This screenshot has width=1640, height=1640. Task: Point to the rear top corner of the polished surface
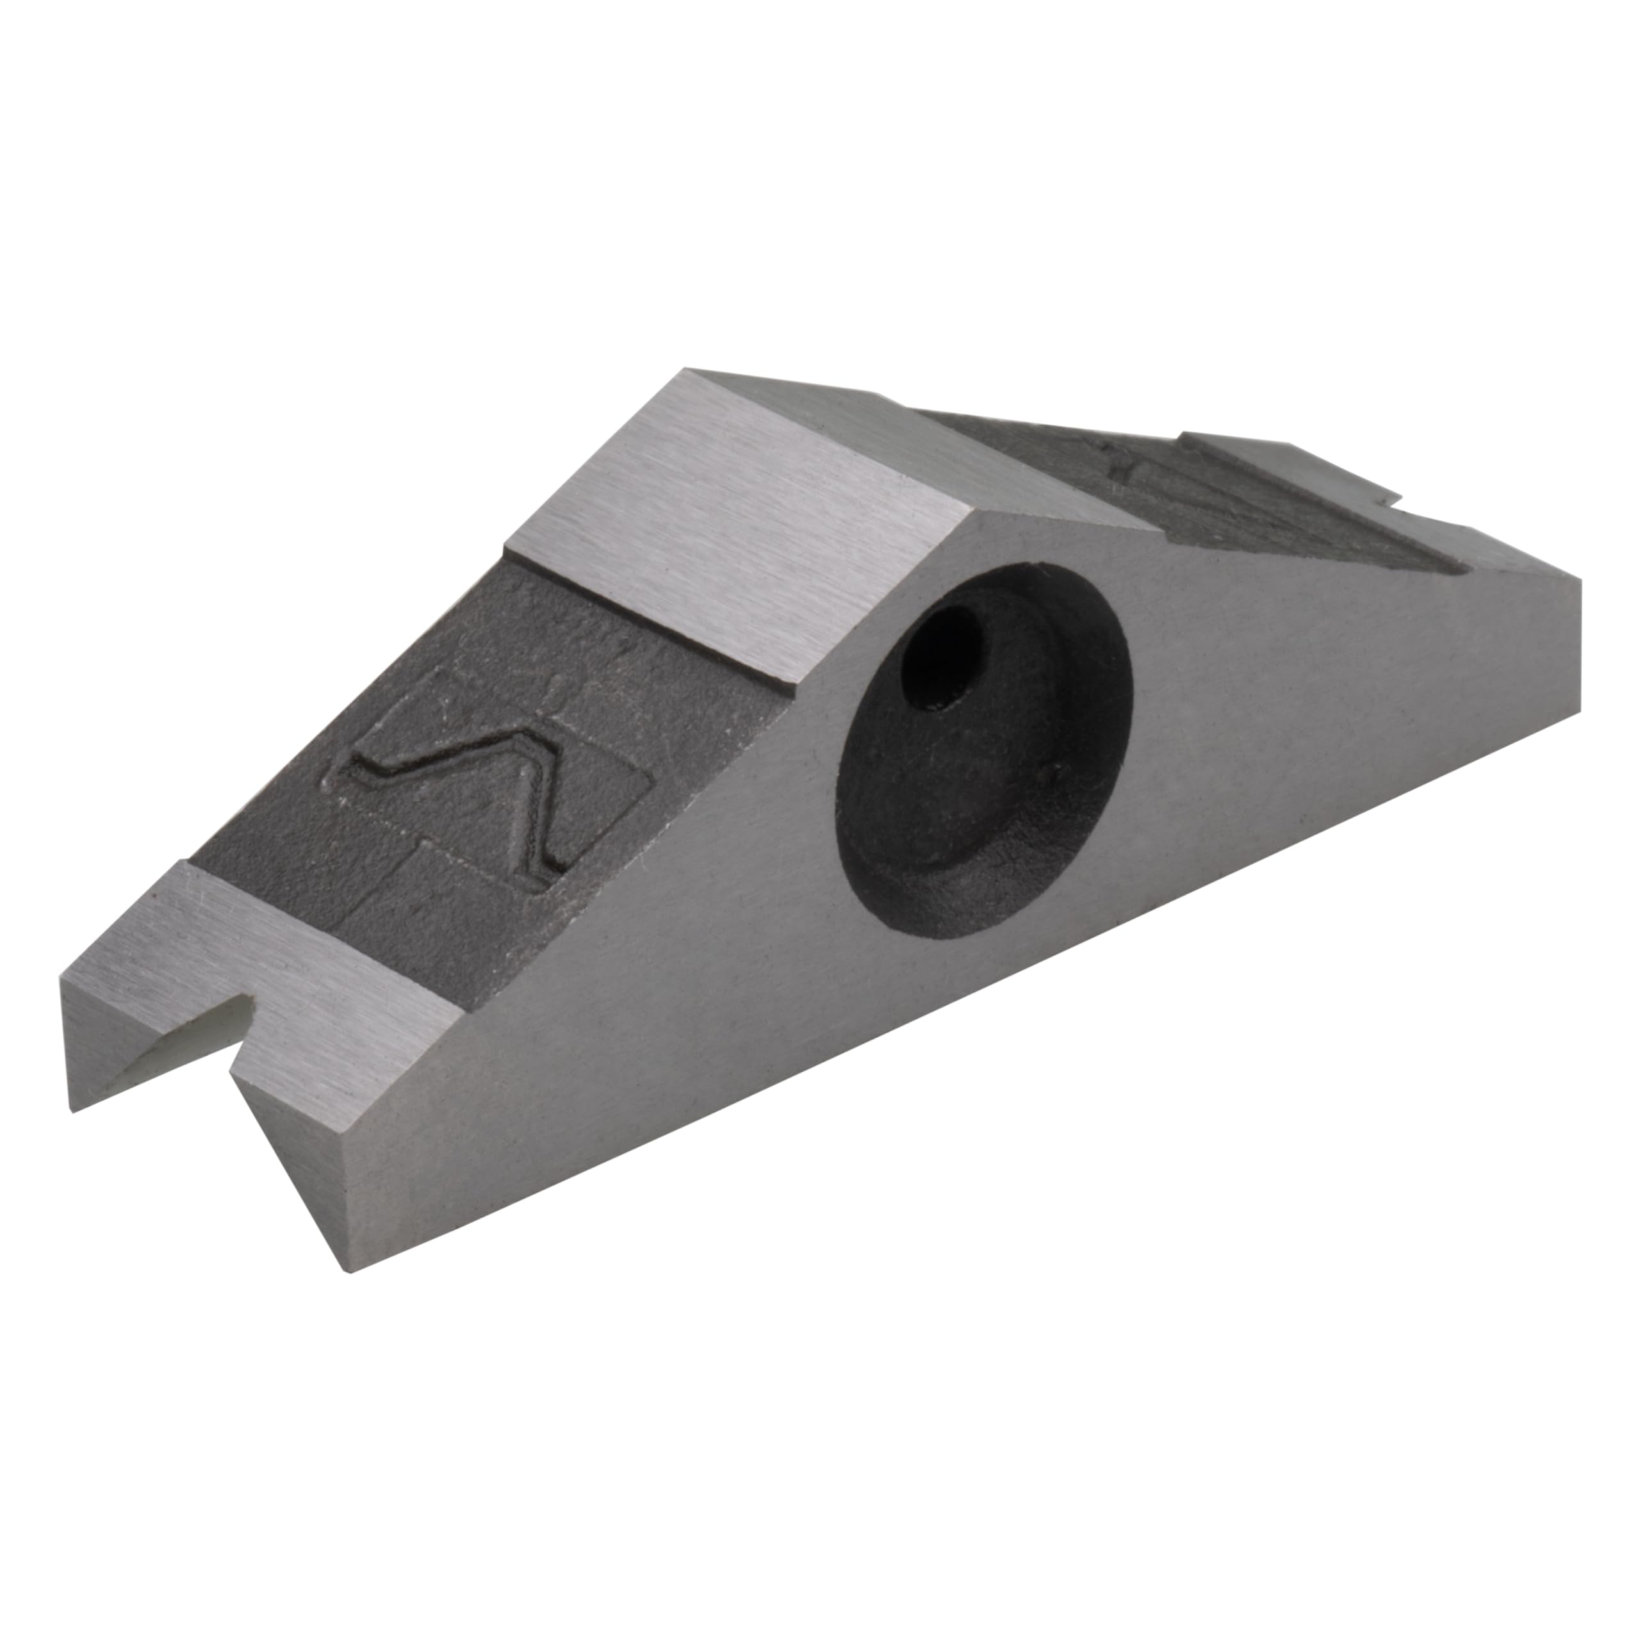tap(687, 372)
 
